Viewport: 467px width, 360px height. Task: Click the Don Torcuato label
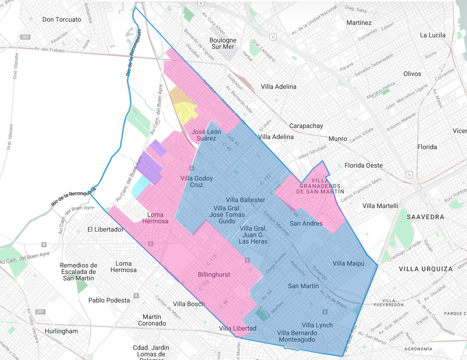click(62, 19)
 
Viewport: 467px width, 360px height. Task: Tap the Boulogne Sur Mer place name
click(223, 43)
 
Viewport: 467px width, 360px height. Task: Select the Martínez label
click(359, 23)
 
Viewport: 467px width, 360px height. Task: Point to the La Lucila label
click(433, 35)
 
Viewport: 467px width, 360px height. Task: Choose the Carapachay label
click(306, 126)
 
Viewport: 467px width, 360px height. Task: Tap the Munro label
click(338, 139)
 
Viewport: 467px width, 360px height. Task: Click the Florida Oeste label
click(363, 165)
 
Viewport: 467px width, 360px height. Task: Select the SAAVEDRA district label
click(425, 216)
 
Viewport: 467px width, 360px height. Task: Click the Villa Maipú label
click(348, 263)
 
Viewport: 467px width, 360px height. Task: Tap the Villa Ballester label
click(245, 200)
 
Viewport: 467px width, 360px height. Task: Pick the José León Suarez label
click(206, 135)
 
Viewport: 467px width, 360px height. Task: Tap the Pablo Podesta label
click(109, 300)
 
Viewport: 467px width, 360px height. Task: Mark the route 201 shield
click(40, 312)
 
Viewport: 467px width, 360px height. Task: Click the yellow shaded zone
click(186, 112)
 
